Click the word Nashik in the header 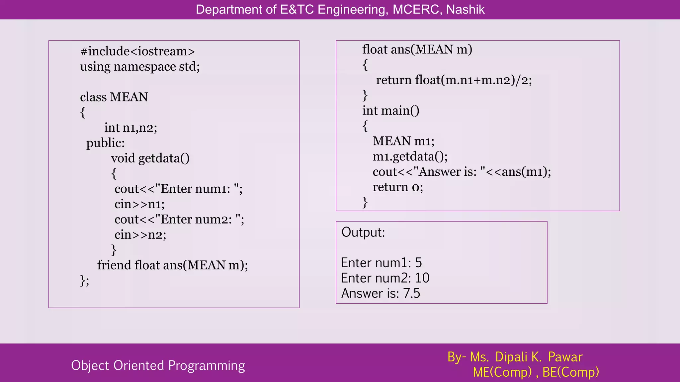pos(465,10)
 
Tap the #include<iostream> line pos(137,51)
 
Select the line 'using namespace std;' pos(140,67)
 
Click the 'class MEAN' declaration pos(114,97)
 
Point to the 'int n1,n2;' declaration pos(130,128)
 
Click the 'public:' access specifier pos(106,143)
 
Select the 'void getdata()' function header pos(150,158)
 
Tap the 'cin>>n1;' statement pos(139,204)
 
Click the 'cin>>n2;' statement pos(140,235)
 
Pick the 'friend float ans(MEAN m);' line pos(172,265)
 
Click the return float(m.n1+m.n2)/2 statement pos(454,80)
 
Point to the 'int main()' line pos(390,111)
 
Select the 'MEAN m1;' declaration pos(403,141)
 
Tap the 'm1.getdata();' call pos(410,157)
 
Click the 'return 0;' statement pos(398,187)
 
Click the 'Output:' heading pos(363,232)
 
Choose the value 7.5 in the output pos(412,293)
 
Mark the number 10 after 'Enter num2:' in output pos(422,278)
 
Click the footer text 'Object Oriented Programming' pos(158,365)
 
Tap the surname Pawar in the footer pos(565,357)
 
